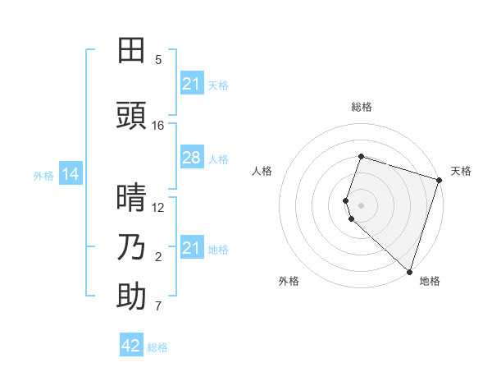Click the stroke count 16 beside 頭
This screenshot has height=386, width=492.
tap(158, 126)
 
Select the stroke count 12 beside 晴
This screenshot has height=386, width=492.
tap(158, 208)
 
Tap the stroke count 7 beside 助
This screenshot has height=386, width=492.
tap(158, 307)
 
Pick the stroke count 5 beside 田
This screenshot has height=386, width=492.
tap(158, 60)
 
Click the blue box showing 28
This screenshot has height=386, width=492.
tap(191, 158)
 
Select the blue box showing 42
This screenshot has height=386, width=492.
tap(131, 346)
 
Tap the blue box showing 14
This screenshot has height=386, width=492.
tap(71, 174)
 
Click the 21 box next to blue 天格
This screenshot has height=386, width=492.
tap(191, 84)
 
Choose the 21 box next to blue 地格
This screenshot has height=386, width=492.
tap(191, 248)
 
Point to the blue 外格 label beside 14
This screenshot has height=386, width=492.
tap(43, 175)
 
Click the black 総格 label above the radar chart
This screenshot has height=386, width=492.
tap(361, 107)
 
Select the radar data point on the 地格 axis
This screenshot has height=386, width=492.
tap(409, 271)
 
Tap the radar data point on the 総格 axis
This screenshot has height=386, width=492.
tap(361, 156)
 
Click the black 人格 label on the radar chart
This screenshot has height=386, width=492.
tap(262, 171)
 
